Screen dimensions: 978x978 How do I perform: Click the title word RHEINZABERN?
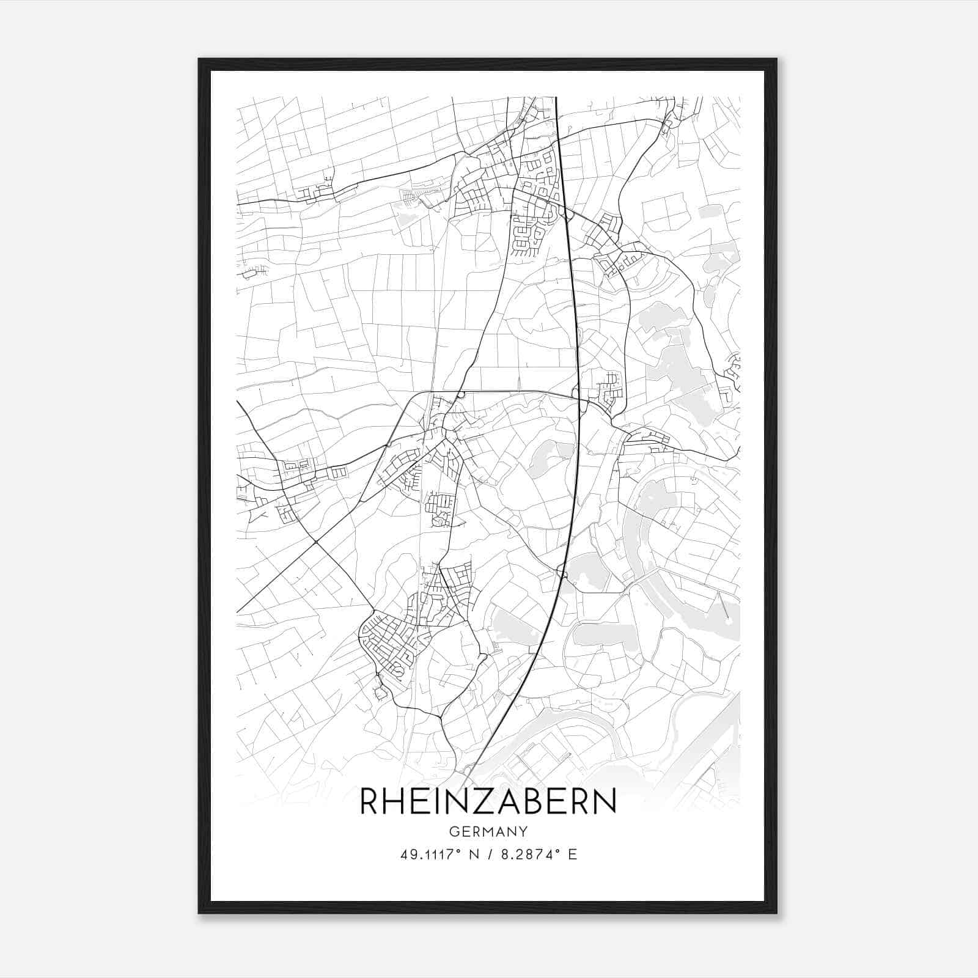coord(488,801)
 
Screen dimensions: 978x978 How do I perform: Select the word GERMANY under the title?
coord(488,831)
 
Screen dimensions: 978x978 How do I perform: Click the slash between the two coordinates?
coord(490,855)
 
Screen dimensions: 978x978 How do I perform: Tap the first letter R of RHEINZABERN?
coord(370,801)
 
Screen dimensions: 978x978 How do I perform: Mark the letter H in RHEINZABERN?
coord(398,801)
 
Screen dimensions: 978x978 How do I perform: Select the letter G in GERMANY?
coord(454,831)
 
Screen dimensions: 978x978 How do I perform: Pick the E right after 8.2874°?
coord(572,855)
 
